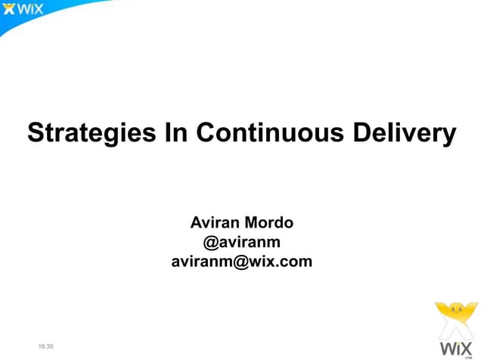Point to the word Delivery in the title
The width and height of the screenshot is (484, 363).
(399, 134)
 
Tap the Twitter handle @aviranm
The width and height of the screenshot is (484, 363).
(242, 243)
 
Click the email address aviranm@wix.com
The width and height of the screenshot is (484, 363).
(242, 262)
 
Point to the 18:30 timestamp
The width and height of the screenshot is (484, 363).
(46, 346)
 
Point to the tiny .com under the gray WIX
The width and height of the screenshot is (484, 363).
(468, 358)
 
